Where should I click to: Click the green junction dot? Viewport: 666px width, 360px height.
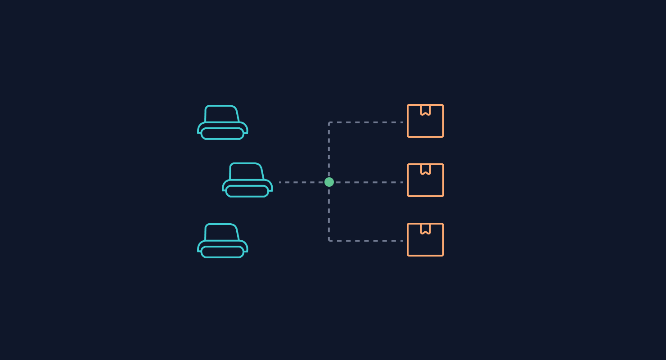point(329,182)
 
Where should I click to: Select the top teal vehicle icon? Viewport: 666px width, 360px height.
point(223,122)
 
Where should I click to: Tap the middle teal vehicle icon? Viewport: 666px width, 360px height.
point(247,180)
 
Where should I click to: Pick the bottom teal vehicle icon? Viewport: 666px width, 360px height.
point(223,241)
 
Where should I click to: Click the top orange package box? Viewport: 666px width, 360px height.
point(425,121)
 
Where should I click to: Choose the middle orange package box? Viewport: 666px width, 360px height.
point(425,180)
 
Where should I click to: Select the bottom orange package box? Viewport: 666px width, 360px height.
point(425,240)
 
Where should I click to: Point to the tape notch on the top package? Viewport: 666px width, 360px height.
point(425,110)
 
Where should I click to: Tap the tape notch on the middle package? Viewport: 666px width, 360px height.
point(425,169)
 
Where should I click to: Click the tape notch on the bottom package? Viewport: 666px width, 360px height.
point(425,229)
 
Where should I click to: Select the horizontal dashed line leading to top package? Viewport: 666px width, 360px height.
point(367,122)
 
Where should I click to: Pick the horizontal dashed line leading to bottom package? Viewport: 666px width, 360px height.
point(367,241)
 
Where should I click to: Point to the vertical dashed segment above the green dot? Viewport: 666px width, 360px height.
point(329,151)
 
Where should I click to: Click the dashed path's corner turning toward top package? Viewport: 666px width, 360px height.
point(329,123)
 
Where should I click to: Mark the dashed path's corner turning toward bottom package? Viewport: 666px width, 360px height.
point(329,240)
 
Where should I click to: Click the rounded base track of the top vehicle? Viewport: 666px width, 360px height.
point(222,134)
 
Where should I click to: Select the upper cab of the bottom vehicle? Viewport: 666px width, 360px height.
point(221,232)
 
